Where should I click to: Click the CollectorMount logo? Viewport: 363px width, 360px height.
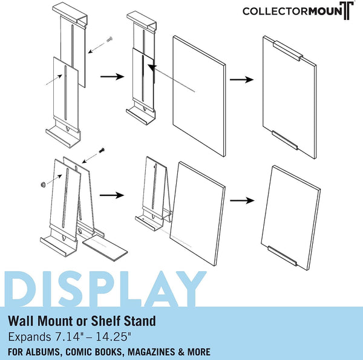coord(298,11)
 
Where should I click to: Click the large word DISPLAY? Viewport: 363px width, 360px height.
coord(105,289)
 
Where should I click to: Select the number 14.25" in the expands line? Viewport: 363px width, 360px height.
coord(114,337)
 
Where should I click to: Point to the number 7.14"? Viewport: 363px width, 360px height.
coord(67,337)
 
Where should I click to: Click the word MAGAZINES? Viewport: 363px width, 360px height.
coord(151,352)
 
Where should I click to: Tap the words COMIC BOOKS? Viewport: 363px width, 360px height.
coord(94,352)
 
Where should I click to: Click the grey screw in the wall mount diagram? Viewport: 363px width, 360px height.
coord(110,39)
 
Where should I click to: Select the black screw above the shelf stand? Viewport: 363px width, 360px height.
coord(102,151)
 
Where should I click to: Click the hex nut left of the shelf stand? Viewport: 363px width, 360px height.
coord(42,185)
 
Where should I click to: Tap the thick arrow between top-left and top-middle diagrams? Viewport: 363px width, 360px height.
coord(113,76)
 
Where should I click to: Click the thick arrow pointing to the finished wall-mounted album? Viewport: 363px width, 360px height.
coord(241,80)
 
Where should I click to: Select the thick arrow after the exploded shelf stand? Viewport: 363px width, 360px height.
coord(112,195)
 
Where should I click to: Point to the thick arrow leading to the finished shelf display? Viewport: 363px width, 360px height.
coord(243,200)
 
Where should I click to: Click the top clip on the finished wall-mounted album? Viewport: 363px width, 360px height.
coord(288,51)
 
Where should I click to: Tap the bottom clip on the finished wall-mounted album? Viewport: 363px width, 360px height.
coord(285,140)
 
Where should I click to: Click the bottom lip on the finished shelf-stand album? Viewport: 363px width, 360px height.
coord(282,255)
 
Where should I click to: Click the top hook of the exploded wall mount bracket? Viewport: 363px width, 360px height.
coord(70,15)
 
